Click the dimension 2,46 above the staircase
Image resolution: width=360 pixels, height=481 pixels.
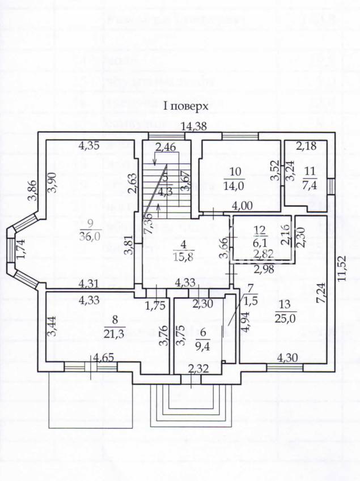(166, 149)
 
